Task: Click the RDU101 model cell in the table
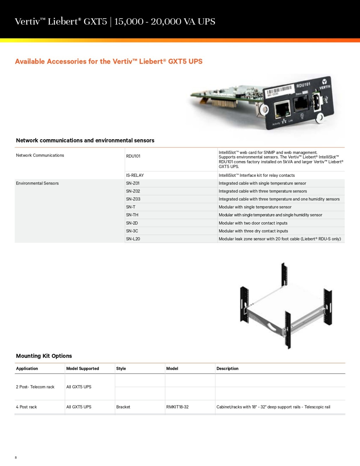pos(133,156)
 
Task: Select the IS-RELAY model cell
pos(135,175)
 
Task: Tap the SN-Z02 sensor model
pos(133,191)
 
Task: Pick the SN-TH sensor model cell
pos(132,215)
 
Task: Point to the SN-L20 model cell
pos(133,239)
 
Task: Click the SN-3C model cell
pos(132,231)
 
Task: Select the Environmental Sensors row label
pos(37,183)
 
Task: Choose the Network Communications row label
pos(40,155)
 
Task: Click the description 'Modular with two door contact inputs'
pos(253,223)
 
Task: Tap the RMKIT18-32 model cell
pos(177,407)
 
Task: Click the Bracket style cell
pos(123,407)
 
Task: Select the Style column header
pos(121,368)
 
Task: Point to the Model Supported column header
pos(82,368)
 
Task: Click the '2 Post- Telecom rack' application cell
pos(35,387)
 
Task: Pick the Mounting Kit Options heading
pos(44,356)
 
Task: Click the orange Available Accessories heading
pos(109,61)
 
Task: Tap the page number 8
pos(16,458)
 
